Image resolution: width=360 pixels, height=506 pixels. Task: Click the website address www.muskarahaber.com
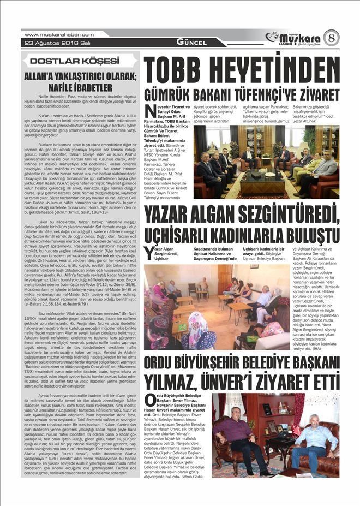(x=59, y=34)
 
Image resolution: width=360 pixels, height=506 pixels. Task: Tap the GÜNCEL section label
(x=191, y=43)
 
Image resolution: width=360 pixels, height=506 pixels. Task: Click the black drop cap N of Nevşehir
(x=151, y=110)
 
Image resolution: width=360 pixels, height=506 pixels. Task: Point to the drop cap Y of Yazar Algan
(x=148, y=251)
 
